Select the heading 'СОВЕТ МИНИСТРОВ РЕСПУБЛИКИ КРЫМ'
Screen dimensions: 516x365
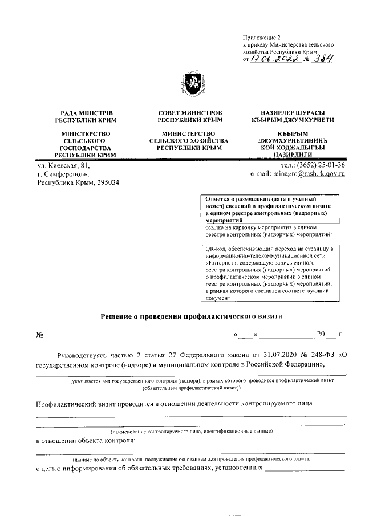click(189, 117)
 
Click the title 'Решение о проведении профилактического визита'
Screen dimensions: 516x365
click(191, 315)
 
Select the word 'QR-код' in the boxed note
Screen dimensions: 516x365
click(217, 249)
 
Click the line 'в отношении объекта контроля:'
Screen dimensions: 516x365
click(86, 440)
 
